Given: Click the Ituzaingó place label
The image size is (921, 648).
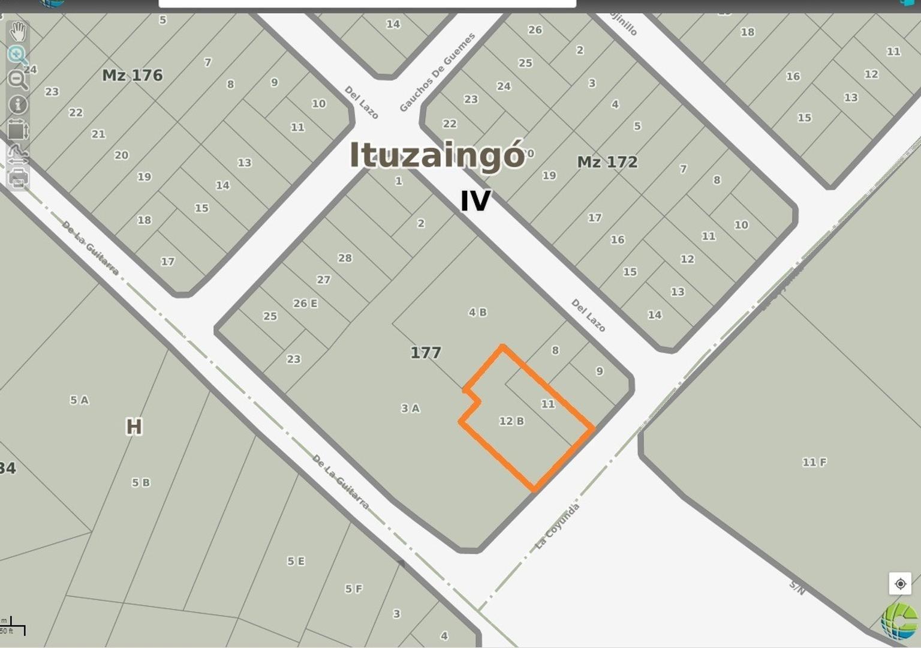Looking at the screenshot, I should (x=437, y=155).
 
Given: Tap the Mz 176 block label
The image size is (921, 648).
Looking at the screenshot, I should (x=133, y=76).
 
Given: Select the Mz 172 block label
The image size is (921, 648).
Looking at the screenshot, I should (x=607, y=162).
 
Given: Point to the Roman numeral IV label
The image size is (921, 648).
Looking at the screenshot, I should (x=475, y=201).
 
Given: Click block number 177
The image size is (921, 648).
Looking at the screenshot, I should (x=426, y=353).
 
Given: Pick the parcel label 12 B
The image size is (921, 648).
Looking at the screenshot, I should (x=511, y=421).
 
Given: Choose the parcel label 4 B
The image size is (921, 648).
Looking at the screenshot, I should (x=477, y=312).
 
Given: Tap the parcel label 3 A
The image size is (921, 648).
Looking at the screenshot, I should (x=410, y=409).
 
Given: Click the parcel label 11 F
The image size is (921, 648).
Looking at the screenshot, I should (x=814, y=462).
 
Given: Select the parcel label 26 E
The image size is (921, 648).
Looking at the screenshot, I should (x=305, y=304).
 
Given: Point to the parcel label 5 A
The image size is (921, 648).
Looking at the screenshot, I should (x=79, y=400).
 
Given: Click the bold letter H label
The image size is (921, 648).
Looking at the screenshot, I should (x=134, y=427).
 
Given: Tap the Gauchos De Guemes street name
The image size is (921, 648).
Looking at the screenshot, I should (x=437, y=73).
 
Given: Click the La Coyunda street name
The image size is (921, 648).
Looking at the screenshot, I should (x=557, y=526).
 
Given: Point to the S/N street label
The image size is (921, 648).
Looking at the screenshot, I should (x=797, y=587).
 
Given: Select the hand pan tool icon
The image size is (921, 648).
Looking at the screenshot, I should (x=18, y=31).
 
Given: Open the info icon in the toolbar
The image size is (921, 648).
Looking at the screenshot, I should (x=18, y=104).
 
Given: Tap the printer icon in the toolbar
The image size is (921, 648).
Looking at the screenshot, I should (x=18, y=178).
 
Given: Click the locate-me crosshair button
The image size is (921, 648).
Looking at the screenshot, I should (x=900, y=584).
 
